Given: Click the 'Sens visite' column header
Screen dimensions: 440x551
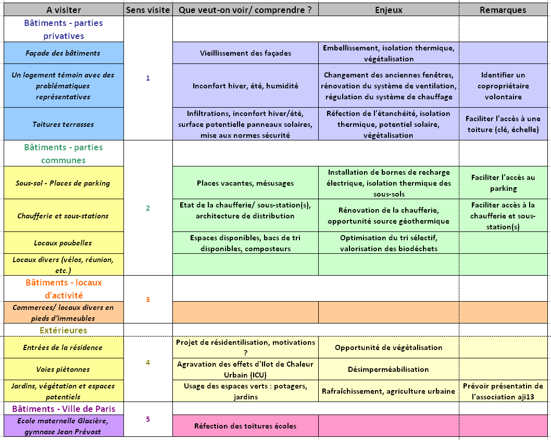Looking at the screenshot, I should [148, 10].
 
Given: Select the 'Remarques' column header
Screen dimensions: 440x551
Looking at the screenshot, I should [503, 10].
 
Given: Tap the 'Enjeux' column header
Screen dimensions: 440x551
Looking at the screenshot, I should [389, 10].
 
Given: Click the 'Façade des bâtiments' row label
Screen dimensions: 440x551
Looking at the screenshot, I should [63, 53].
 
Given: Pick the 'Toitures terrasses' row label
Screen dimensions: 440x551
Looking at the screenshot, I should [63, 124].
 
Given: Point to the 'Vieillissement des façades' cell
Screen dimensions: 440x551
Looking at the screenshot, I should [245, 53].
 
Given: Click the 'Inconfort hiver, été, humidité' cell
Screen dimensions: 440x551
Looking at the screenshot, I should [245, 86].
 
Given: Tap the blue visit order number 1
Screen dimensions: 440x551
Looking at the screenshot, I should [148, 78].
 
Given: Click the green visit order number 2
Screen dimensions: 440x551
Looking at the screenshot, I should [148, 208].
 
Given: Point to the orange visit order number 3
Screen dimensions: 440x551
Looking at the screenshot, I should [148, 300].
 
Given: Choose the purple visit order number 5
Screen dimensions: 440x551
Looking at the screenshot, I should [148, 419].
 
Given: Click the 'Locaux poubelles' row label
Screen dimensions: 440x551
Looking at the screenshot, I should [63, 243].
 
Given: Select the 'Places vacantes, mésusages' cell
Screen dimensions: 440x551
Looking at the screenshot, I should [245, 183].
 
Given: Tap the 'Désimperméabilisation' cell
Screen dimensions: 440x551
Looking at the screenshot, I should [389, 369].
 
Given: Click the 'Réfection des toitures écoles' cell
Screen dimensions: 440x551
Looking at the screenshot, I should [245, 426].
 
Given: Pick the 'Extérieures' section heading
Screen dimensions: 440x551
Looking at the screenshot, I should [63, 330].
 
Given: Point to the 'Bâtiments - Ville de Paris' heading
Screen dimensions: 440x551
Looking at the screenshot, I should [63, 408].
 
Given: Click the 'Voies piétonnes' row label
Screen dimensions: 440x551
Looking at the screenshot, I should [63, 369].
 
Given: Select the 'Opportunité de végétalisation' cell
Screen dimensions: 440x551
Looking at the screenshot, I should [389, 347].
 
